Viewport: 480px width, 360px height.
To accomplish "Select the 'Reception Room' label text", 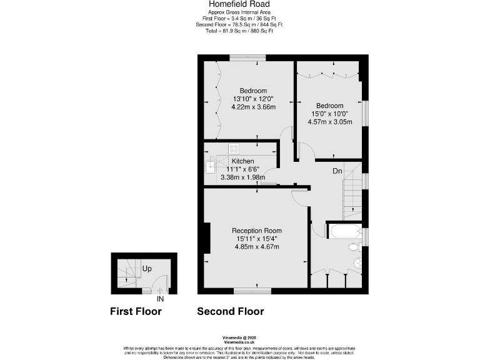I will click(x=257, y=230).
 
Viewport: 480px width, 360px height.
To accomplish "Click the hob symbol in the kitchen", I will click(x=234, y=149).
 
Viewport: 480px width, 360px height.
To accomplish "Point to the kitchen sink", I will click(x=210, y=166).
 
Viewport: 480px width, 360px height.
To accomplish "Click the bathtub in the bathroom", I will click(x=343, y=232).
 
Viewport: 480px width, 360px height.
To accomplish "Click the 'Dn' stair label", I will click(x=336, y=171).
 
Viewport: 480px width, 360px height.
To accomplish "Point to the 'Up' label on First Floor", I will click(x=147, y=269).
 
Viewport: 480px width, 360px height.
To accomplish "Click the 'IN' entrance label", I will click(x=160, y=299).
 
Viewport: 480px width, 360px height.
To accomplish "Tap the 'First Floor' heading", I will click(x=136, y=311).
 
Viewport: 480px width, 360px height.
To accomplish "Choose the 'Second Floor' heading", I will click(x=230, y=311).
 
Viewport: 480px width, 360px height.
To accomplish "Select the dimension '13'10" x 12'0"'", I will click(x=253, y=99).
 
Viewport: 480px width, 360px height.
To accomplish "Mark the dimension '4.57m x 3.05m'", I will click(x=329, y=122).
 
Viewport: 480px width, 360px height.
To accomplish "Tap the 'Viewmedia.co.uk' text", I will click(x=239, y=342).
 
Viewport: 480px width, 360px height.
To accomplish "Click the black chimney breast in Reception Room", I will click(x=206, y=237).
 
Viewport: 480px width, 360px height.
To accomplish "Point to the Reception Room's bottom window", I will click(x=252, y=290).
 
